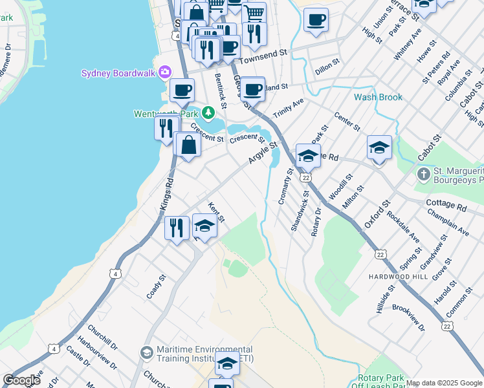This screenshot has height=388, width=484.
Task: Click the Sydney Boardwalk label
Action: click(118, 73)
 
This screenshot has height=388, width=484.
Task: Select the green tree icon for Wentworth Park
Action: click(208, 113)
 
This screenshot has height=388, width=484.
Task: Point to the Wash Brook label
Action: click(378, 98)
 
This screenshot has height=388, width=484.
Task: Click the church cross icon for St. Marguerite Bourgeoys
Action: click(423, 175)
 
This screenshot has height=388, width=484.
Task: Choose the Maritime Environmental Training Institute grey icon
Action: click(147, 353)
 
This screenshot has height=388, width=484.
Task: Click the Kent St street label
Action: click(216, 213)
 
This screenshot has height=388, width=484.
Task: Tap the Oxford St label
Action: click(377, 213)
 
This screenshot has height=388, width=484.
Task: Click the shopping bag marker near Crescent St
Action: click(188, 145)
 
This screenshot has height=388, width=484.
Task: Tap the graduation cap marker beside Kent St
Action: click(204, 226)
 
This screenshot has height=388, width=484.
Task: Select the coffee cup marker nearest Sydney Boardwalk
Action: click(182, 90)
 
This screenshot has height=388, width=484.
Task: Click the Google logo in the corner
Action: click(21, 380)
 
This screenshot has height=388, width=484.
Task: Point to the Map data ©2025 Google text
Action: click(444, 383)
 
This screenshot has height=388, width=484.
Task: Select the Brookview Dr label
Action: click(408, 318)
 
